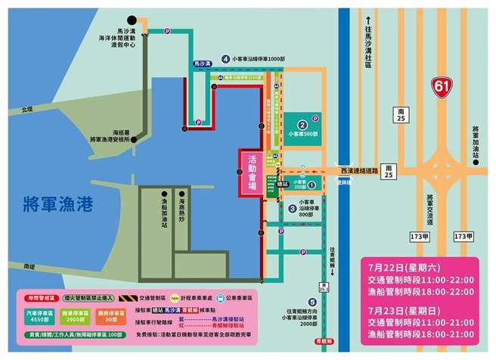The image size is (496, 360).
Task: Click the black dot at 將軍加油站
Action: coord(476,161)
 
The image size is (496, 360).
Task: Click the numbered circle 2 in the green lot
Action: coord(302,125)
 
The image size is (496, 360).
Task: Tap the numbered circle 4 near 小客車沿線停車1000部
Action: coord(225,59)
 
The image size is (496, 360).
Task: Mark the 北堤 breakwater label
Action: coord(28,110)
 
